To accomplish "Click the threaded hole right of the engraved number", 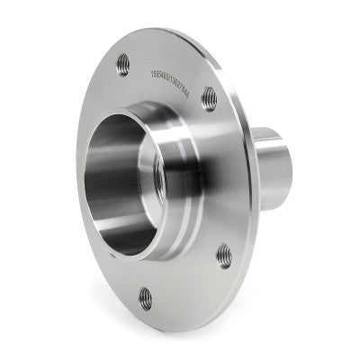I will coord(210,94).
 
